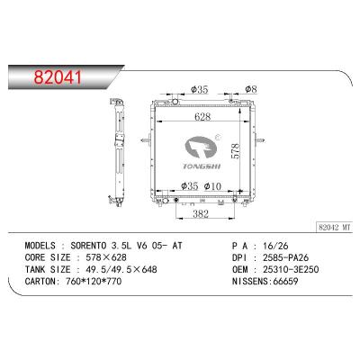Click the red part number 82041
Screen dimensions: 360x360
point(58,76)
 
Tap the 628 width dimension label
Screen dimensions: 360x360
point(202,117)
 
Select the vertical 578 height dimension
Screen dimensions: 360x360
point(236,151)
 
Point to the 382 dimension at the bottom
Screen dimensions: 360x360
point(201,213)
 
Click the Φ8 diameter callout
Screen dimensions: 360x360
point(251,89)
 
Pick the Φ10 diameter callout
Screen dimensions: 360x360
point(212,186)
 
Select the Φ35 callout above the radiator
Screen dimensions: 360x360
point(199,89)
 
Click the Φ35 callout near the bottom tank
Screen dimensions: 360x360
point(190,186)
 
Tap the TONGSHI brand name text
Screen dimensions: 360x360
point(202,166)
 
